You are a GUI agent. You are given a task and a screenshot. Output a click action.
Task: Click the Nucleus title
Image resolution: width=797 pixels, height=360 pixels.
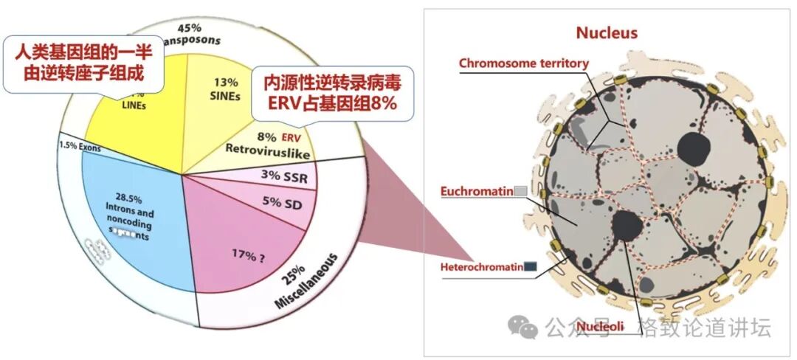(x=606, y=32)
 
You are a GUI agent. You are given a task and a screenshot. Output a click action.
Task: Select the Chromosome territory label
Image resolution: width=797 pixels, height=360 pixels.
(x=523, y=63)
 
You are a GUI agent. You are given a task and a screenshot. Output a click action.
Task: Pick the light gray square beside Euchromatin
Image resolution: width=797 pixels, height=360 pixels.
(x=520, y=192)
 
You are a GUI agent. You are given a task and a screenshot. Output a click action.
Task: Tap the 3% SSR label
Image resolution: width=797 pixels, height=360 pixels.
(x=284, y=178)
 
